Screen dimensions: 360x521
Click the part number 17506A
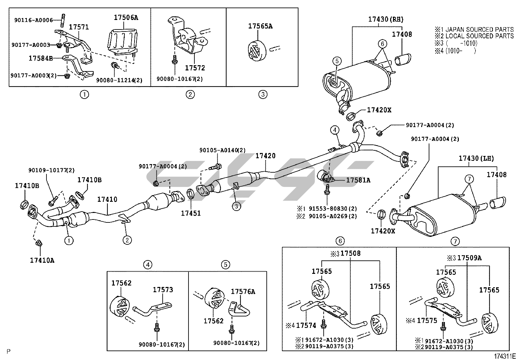(x=126, y=18)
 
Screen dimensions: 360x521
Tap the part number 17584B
(x=41, y=58)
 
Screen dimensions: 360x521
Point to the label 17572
(x=195, y=68)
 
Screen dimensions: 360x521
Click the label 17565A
(x=260, y=26)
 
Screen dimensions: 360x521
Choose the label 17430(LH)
(x=476, y=159)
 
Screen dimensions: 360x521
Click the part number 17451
(x=191, y=213)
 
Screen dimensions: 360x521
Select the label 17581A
(x=358, y=180)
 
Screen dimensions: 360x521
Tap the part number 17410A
(x=42, y=260)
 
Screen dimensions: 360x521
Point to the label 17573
(x=163, y=290)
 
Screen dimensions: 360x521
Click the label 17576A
(x=243, y=292)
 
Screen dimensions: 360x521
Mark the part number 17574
(x=306, y=325)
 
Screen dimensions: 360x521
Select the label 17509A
(x=469, y=258)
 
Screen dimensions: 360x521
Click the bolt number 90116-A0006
(x=33, y=20)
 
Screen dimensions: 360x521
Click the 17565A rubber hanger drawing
(x=256, y=51)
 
